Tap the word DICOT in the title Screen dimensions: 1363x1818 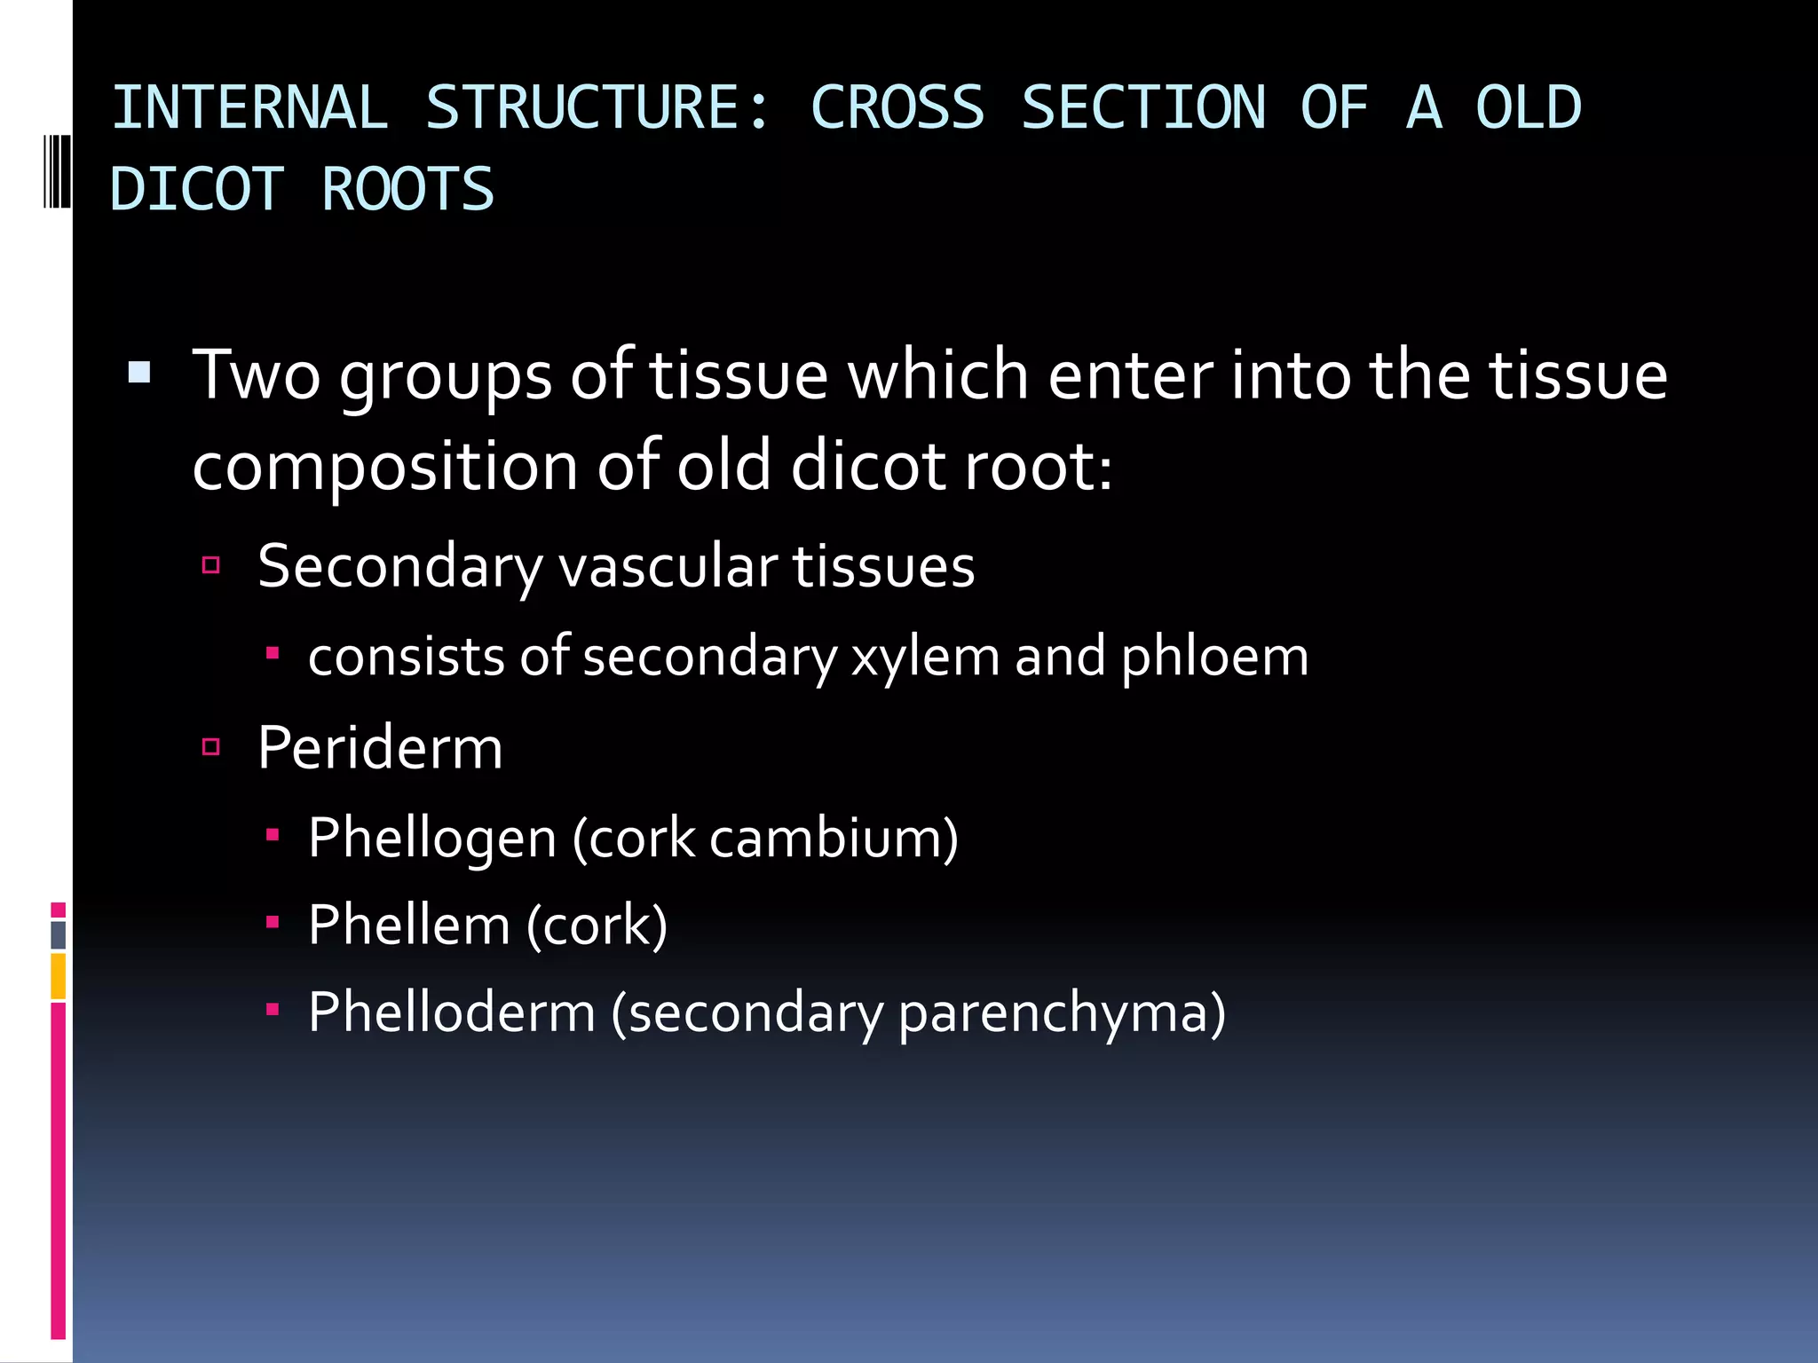196,190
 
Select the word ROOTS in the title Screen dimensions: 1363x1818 407,190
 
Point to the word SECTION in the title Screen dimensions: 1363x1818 1143,108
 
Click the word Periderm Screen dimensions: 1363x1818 380,748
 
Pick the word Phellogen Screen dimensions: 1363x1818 432,838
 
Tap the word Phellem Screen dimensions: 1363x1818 409,925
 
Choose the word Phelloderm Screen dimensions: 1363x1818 452,1012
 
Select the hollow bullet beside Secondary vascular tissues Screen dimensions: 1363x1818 211,565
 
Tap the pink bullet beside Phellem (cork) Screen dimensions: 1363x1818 273,922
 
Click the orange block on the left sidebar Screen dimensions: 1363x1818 59,976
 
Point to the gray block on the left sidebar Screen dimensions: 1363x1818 59,934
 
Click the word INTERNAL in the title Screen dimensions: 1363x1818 249,108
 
